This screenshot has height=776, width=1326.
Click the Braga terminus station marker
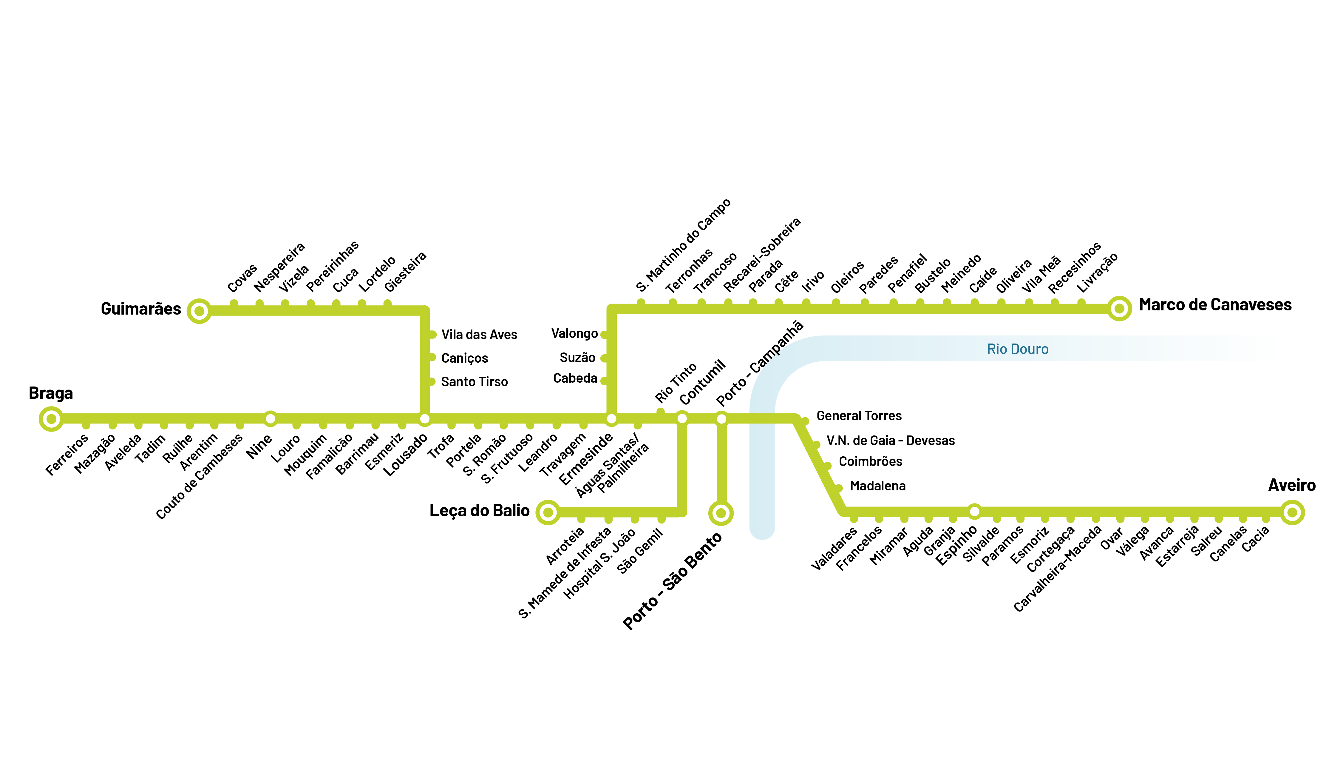51,419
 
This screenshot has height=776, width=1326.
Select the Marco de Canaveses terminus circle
1119,309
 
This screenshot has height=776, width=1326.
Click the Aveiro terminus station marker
1292,512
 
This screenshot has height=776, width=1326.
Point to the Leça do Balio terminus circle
548,512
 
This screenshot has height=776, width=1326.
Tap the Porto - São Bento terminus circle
721,513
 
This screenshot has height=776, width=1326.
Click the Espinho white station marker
974,511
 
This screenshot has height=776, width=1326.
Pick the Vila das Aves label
479,335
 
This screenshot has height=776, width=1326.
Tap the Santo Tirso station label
474,382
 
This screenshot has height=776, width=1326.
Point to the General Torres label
859,416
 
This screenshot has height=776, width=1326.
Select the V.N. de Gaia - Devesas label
890,441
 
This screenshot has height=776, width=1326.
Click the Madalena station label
878,486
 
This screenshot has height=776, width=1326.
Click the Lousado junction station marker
425,419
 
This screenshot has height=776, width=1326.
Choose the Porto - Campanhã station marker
721,419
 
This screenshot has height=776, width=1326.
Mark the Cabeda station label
575,378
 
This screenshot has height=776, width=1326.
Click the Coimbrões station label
870,462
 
